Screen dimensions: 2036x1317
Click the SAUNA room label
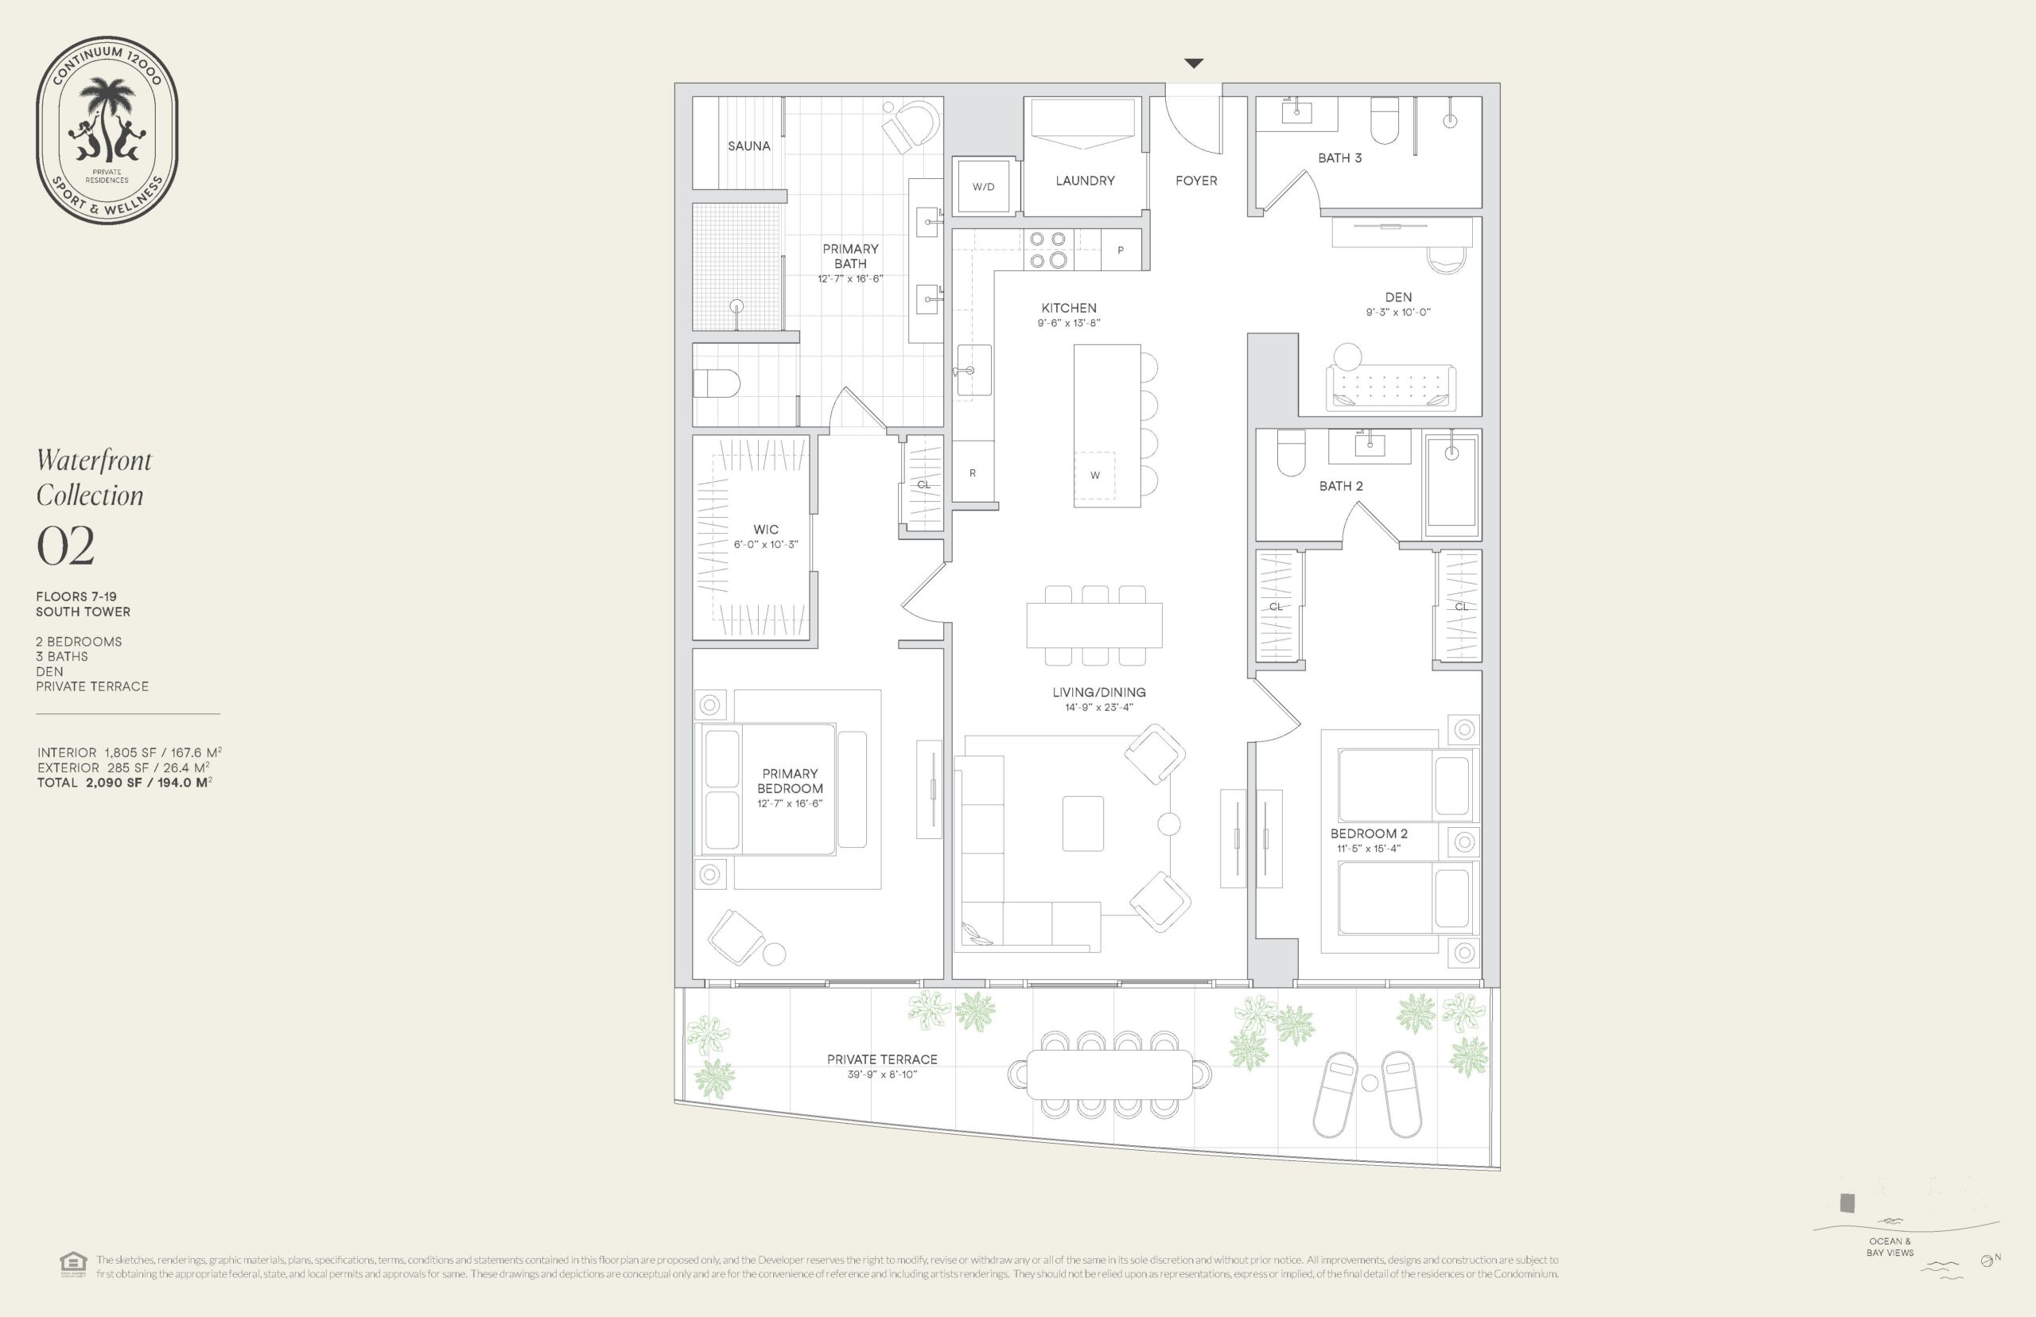click(x=749, y=146)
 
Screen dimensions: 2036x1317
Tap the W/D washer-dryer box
click(x=983, y=186)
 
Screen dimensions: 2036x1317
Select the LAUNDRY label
click(x=1085, y=181)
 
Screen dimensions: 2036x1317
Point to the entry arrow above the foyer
click(x=1194, y=64)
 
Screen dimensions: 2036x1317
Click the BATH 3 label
click(x=1340, y=158)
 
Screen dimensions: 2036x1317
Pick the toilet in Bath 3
click(x=1385, y=121)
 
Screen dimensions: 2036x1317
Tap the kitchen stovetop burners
click(x=1048, y=250)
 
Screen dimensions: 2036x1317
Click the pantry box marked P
click(x=1120, y=250)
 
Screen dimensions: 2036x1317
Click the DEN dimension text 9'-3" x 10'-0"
click(x=1398, y=312)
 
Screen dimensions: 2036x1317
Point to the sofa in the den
click(x=1390, y=387)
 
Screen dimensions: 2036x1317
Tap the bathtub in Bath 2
click(x=1452, y=485)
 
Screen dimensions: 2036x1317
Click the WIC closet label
click(x=766, y=530)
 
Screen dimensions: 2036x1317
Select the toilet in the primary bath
click(x=716, y=383)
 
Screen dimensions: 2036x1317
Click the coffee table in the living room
click(x=1082, y=824)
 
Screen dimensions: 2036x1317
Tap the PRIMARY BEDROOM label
click(x=790, y=781)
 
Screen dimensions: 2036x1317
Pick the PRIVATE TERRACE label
click(x=883, y=1059)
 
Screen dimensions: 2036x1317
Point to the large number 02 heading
click(x=66, y=546)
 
